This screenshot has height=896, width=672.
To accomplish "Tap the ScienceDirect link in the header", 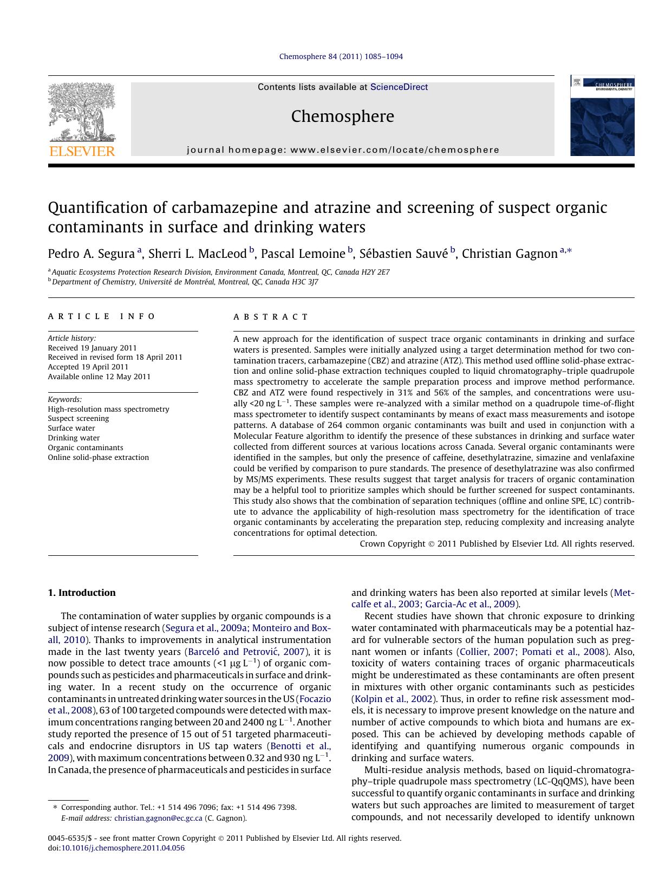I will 399,87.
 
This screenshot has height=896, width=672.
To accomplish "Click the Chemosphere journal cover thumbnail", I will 602,116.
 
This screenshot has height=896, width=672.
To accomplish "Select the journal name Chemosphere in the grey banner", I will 342,116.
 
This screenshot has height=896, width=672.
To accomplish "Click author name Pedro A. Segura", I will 91,254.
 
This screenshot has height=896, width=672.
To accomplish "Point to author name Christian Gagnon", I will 509,254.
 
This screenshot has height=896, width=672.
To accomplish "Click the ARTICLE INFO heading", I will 102,316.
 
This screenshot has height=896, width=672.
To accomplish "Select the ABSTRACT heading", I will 271,317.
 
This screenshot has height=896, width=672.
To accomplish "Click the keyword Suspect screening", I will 79,419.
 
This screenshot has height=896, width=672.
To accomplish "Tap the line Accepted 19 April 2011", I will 88,367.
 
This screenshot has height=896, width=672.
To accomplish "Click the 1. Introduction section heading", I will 82,593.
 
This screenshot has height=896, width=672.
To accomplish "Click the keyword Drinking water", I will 74,438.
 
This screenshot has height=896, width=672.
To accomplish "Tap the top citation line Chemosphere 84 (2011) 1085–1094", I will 341,56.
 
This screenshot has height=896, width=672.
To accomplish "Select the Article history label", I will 71,338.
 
